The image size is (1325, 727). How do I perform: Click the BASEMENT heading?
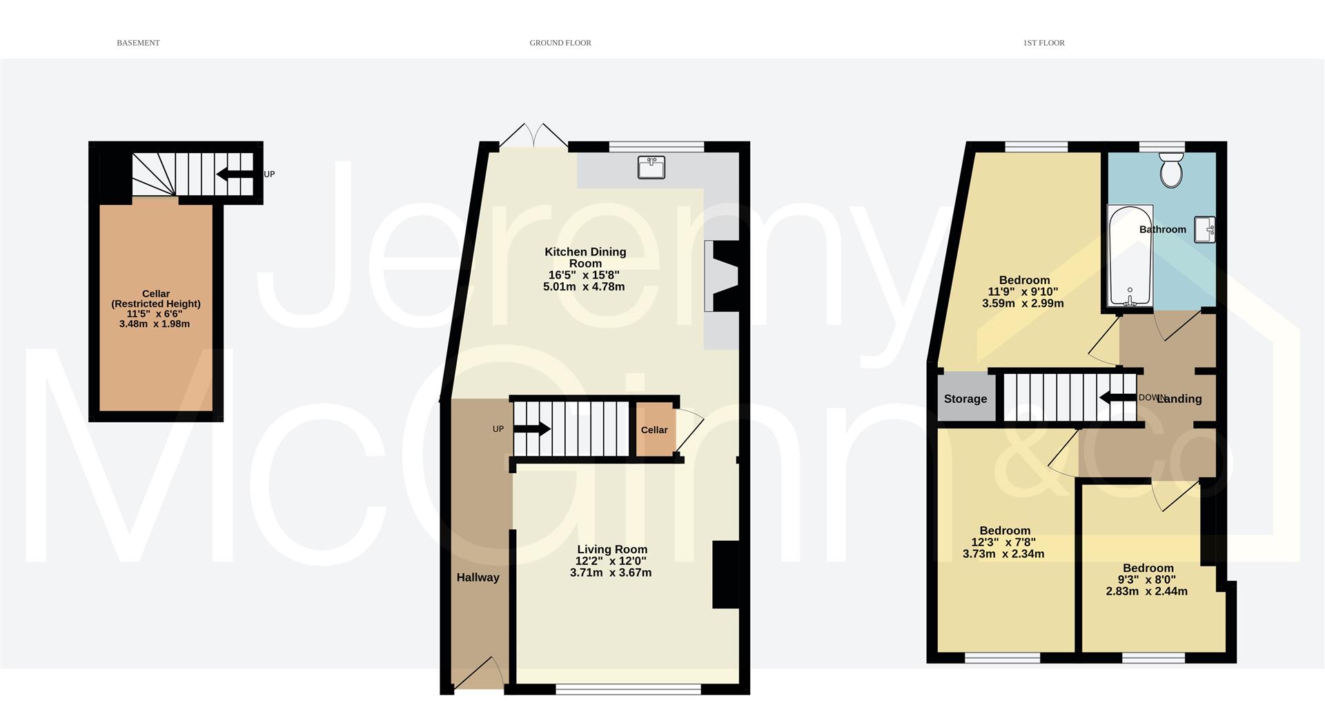138,43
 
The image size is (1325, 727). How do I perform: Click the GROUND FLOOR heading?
560,43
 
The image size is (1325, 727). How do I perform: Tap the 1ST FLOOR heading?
1043,43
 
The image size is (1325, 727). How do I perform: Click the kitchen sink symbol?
651,168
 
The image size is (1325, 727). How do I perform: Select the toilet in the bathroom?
1171,170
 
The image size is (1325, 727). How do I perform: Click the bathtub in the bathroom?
1130,256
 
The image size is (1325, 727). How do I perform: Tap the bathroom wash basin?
1206,229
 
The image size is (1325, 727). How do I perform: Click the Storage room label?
965,399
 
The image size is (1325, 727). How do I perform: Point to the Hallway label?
478,577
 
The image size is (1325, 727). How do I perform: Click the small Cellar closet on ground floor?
655,429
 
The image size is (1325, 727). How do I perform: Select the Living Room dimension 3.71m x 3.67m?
611,572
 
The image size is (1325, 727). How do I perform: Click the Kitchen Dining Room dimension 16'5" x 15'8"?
584,275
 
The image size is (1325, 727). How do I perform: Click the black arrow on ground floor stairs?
532,429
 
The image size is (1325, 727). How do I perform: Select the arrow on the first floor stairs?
1117,398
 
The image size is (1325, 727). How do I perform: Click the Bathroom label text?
1163,230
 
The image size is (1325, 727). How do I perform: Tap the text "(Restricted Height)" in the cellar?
156,303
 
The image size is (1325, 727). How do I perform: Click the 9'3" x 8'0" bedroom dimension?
1147,580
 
